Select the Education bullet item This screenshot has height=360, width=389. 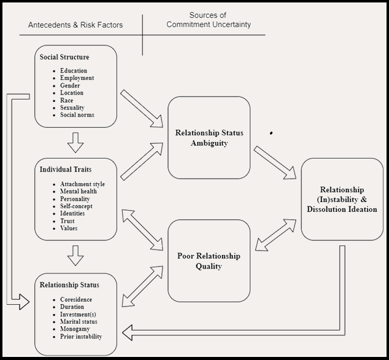(73, 71)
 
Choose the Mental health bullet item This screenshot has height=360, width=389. (78, 192)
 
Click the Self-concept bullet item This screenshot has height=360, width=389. (77, 206)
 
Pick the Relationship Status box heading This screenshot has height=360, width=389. (69, 285)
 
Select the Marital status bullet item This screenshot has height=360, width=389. (79, 322)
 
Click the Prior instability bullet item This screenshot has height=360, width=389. (81, 337)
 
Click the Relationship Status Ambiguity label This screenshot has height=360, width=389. (209, 138)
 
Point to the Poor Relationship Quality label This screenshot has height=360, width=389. (209, 261)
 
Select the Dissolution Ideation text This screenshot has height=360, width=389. (342, 209)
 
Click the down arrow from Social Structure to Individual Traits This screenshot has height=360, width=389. (76, 142)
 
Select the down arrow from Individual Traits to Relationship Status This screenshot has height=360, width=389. (76, 255)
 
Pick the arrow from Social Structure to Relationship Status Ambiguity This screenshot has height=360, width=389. (142, 109)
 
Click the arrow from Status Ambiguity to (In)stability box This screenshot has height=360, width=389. (276, 163)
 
